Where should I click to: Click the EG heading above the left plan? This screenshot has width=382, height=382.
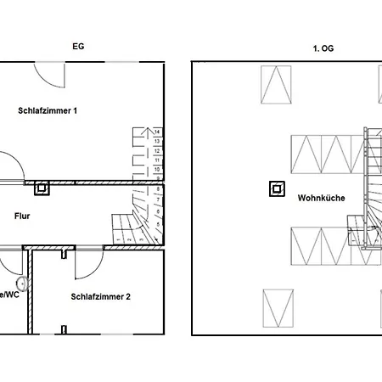pos(80,49)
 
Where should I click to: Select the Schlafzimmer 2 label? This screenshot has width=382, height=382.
pos(101,296)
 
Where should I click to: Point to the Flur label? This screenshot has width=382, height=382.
pos(23,216)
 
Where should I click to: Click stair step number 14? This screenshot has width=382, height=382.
pos(157,132)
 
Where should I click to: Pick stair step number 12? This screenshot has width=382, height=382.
pos(157,150)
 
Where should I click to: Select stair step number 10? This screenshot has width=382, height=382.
pos(157,169)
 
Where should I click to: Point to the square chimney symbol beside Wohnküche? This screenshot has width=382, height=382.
pos(275,189)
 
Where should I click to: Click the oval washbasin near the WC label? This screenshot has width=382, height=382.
pos(22,283)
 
